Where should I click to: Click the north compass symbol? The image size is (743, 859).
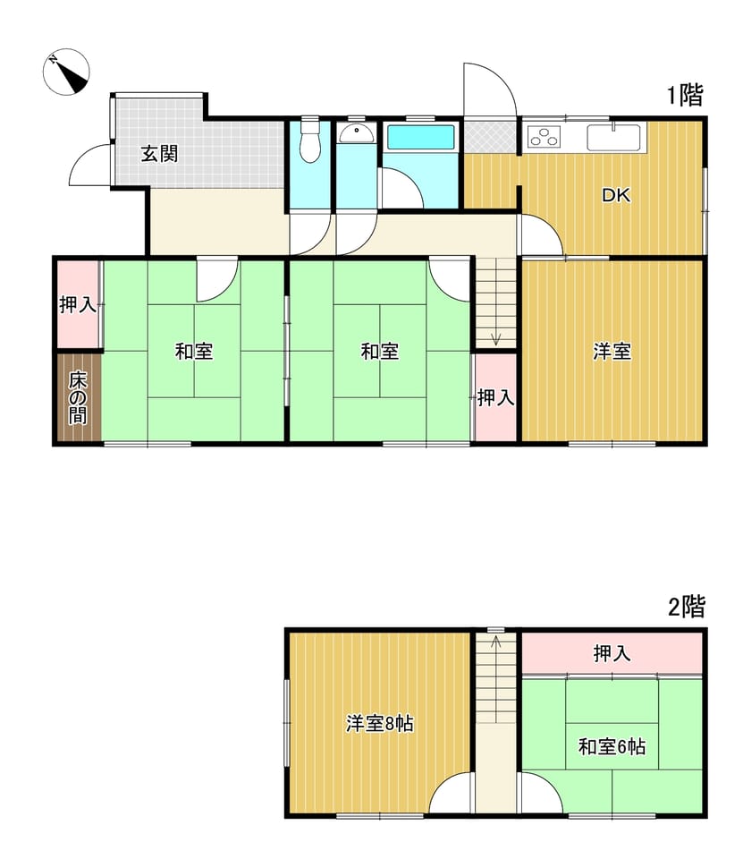(66, 72)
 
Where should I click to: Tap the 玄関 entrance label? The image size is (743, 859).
(159, 154)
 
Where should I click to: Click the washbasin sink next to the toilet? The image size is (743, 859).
(357, 133)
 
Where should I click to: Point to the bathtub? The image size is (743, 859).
(420, 137)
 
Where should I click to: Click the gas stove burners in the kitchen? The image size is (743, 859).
(544, 137)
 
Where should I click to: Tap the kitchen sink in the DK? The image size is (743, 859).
(613, 137)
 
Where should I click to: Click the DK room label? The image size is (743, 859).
(616, 195)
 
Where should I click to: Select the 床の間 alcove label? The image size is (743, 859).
(78, 398)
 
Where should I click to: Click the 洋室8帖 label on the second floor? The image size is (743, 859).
(379, 724)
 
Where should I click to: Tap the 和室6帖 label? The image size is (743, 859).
(612, 746)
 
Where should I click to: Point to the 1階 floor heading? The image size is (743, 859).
(684, 96)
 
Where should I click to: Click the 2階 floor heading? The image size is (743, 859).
(686, 607)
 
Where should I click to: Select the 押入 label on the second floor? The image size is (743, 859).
(612, 653)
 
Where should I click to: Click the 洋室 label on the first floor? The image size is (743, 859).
(612, 352)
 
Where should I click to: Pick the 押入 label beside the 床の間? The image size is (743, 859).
(78, 304)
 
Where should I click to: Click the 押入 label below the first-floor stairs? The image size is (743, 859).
(495, 397)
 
